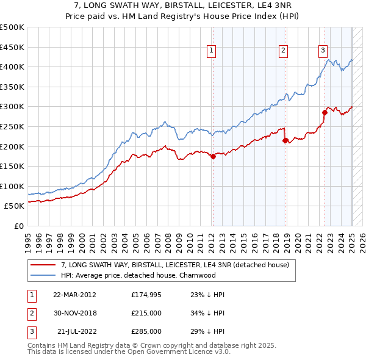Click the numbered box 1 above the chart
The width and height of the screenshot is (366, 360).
211,51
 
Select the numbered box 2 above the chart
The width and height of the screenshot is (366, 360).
284,51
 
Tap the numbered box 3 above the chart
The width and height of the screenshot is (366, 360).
323,51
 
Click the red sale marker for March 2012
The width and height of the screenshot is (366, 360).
213,156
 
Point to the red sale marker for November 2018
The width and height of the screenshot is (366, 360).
285,140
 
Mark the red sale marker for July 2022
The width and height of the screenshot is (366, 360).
325,112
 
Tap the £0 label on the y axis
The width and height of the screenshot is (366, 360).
19,226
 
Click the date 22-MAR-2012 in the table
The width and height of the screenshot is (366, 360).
74,295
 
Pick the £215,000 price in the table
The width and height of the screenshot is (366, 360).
146,313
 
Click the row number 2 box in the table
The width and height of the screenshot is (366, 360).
30,313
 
